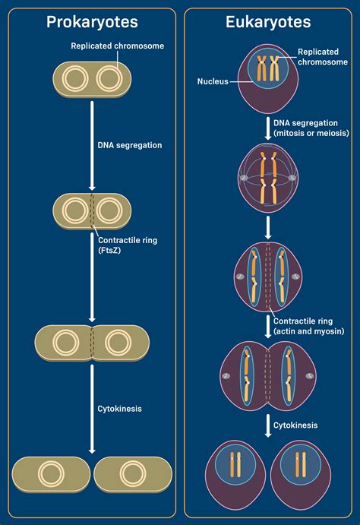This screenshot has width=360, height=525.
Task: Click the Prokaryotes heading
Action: point(91,22)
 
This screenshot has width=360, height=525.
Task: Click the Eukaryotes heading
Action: point(267,22)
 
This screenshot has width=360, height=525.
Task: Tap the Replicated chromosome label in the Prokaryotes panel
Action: point(118,46)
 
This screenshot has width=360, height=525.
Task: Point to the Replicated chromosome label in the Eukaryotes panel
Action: point(317,57)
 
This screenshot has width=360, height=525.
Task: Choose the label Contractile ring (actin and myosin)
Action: point(309,326)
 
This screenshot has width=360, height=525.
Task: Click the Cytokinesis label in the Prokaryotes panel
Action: point(119,408)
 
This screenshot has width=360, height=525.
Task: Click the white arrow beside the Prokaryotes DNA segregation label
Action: point(92,144)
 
